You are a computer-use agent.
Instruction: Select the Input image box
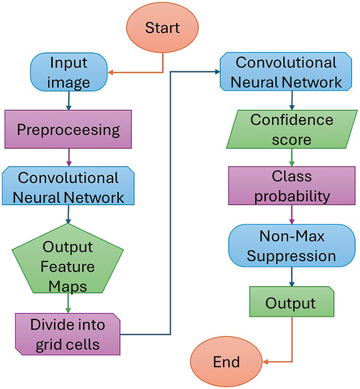click(x=69, y=72)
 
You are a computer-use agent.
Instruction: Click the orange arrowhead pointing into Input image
click(x=111, y=72)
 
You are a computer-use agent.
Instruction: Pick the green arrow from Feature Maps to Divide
click(x=68, y=303)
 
